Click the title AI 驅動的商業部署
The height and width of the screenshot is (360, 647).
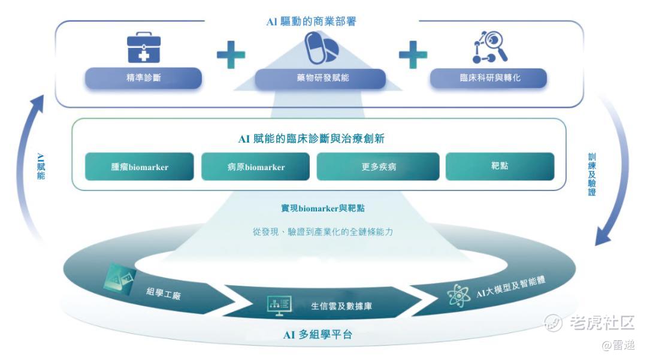311,22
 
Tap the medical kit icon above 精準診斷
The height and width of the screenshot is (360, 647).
144,49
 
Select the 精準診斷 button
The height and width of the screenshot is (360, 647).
144,78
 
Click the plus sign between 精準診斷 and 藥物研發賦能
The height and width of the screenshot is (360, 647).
231,55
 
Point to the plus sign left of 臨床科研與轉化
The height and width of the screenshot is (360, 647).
413,55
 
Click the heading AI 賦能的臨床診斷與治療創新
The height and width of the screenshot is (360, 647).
311,139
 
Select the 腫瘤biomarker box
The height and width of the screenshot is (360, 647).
140,167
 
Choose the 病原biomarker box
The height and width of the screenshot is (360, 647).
256,167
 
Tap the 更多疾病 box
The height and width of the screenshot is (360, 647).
378,167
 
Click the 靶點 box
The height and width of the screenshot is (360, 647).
500,167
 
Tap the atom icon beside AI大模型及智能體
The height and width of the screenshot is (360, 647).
459,295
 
